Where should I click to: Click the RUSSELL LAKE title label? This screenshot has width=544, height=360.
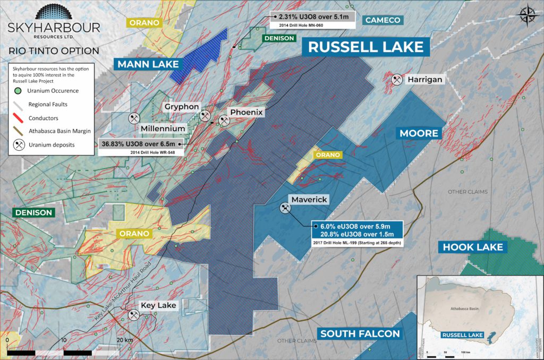[x=366, y=46]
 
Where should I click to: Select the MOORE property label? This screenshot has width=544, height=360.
[x=419, y=133]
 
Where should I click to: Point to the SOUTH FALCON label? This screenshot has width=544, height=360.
[x=360, y=333]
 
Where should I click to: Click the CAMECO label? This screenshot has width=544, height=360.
[x=383, y=20]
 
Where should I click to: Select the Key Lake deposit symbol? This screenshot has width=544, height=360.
[x=132, y=315]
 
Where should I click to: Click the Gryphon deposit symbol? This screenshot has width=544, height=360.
[x=205, y=116]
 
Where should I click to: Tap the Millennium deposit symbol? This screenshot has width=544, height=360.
[x=133, y=117]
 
